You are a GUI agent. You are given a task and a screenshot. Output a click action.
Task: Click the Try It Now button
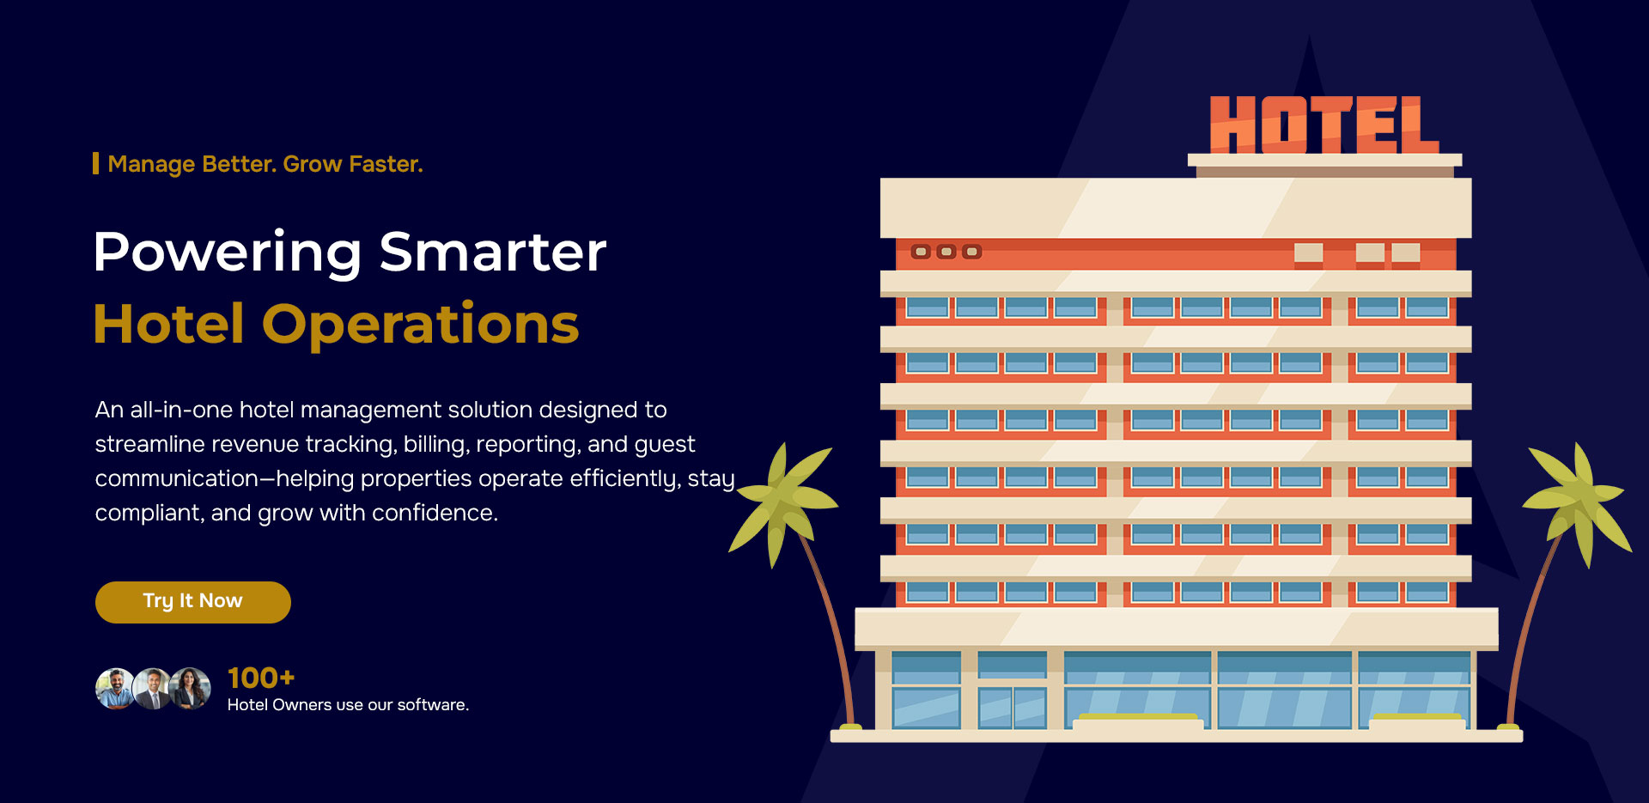pos(193,602)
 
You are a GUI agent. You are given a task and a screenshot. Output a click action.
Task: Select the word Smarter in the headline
pos(493,252)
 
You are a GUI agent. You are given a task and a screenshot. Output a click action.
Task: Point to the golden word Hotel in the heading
pos(169,324)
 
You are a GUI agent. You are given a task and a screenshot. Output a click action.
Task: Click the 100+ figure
pos(261,678)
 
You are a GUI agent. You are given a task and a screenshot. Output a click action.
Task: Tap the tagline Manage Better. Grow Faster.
pos(265,164)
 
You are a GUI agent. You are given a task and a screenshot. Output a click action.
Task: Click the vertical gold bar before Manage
pos(95,163)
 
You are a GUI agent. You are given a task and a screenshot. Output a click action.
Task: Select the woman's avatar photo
pos(191,689)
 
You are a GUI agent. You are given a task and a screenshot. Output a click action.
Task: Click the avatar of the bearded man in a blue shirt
pos(116,689)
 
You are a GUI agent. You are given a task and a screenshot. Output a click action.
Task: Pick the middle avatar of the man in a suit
pos(153,689)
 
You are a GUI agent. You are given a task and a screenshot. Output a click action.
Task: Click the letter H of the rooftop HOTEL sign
pos(1232,125)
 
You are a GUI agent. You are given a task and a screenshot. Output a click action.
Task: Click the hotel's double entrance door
pos(1013,707)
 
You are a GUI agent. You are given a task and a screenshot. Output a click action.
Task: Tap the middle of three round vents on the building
pos(946,252)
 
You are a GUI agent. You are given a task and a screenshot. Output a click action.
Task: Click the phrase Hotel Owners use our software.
pos(348,705)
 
